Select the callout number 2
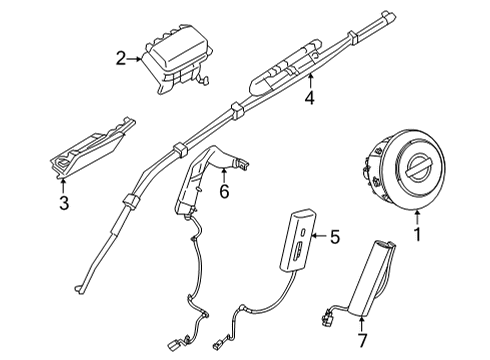121,59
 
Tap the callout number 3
64,205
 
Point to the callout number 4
311,98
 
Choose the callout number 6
224,190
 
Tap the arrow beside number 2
137,59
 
